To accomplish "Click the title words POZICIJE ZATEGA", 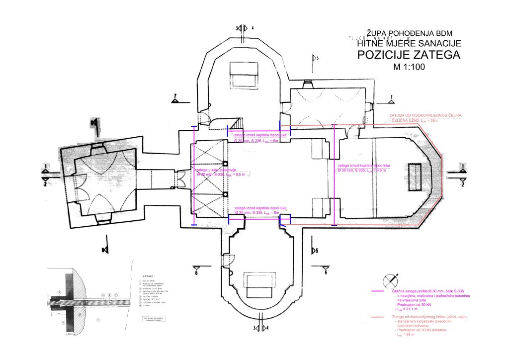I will pos(409,55).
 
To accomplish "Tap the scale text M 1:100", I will pos(409,67).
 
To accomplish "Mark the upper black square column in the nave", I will pos(225,164).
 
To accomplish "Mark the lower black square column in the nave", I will pos(225,194).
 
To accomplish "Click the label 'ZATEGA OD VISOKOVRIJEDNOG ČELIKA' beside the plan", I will pos(425,115).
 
